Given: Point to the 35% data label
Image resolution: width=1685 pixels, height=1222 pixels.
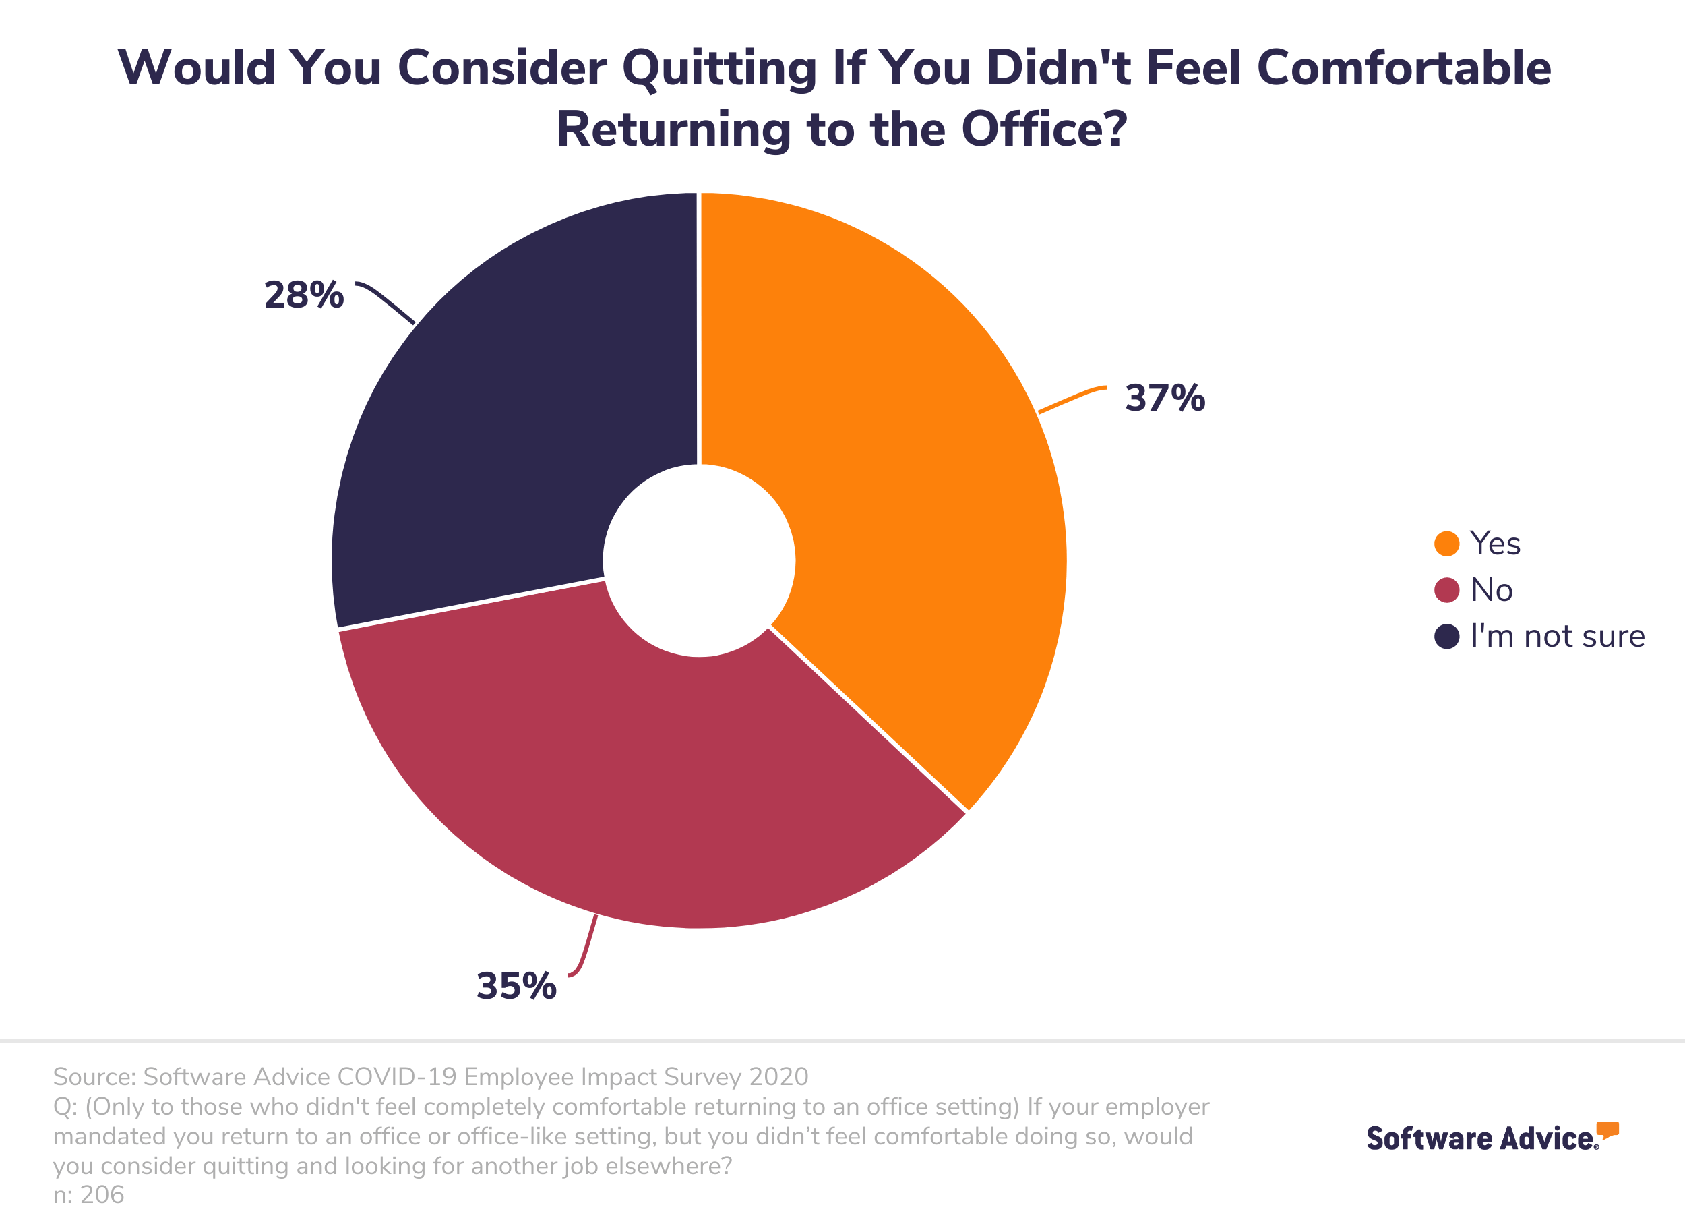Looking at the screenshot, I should click(x=516, y=987).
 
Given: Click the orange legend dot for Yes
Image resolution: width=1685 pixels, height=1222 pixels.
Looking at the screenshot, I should click(x=1446, y=544).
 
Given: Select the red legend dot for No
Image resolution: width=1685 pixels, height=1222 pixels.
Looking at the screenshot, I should click(x=1446, y=589).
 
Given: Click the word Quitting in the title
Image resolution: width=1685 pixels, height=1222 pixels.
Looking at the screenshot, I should click(x=718, y=68).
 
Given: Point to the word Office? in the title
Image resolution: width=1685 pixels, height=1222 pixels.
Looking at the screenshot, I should click(x=1044, y=129).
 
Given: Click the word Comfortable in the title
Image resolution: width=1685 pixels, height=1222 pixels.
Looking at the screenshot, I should click(x=1403, y=67).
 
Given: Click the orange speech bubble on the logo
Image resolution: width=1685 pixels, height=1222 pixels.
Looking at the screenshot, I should click(x=1607, y=1129).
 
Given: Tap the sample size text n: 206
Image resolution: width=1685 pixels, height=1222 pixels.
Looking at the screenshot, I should click(x=88, y=1194).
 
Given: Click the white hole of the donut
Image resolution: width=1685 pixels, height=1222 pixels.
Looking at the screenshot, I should click(x=699, y=560).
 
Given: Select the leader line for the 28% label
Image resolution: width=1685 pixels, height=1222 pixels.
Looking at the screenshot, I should click(x=386, y=301).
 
